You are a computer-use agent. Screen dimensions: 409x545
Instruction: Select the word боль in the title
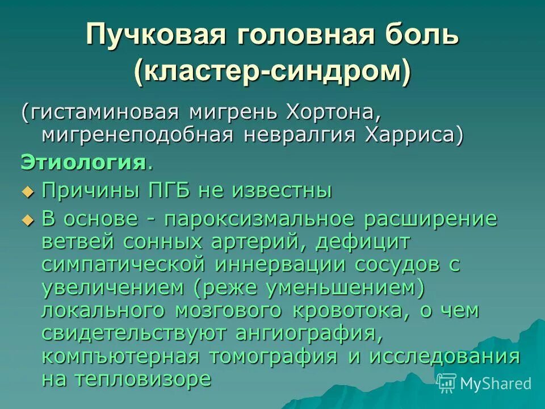point(420,36)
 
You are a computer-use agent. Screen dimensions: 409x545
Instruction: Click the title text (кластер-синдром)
point(272,72)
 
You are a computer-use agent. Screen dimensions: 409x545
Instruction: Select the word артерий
point(266,241)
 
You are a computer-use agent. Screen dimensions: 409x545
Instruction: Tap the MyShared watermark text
point(495,383)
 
